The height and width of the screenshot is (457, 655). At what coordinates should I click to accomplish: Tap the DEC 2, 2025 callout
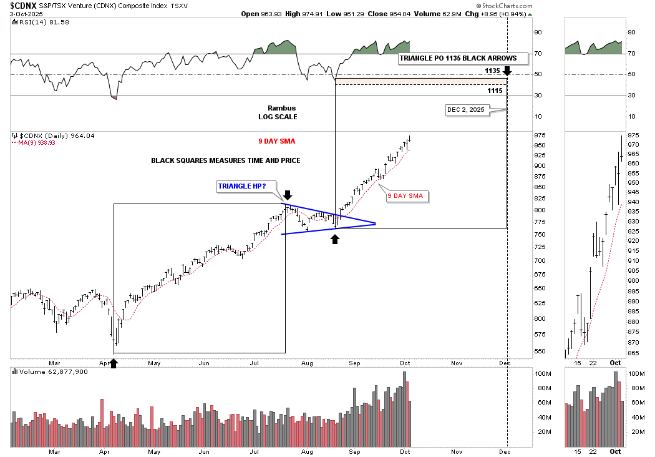465,110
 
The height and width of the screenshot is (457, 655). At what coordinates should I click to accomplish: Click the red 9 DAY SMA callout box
405,196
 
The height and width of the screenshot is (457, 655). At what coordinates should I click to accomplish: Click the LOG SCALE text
278,117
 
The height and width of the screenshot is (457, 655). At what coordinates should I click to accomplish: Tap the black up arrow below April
114,362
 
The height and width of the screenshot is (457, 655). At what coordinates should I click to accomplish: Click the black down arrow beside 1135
507,71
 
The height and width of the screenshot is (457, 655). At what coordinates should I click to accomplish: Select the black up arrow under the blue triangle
335,238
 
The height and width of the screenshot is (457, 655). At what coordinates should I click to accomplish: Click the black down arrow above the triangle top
288,195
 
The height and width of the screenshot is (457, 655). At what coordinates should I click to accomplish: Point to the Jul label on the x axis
255,363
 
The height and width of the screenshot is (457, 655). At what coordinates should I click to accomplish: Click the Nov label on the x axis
457,363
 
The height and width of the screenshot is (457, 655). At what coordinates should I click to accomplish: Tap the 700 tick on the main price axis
540,260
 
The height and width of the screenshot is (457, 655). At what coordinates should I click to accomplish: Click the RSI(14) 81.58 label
35,22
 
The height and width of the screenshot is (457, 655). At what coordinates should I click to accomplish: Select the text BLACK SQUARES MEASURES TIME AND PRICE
226,160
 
